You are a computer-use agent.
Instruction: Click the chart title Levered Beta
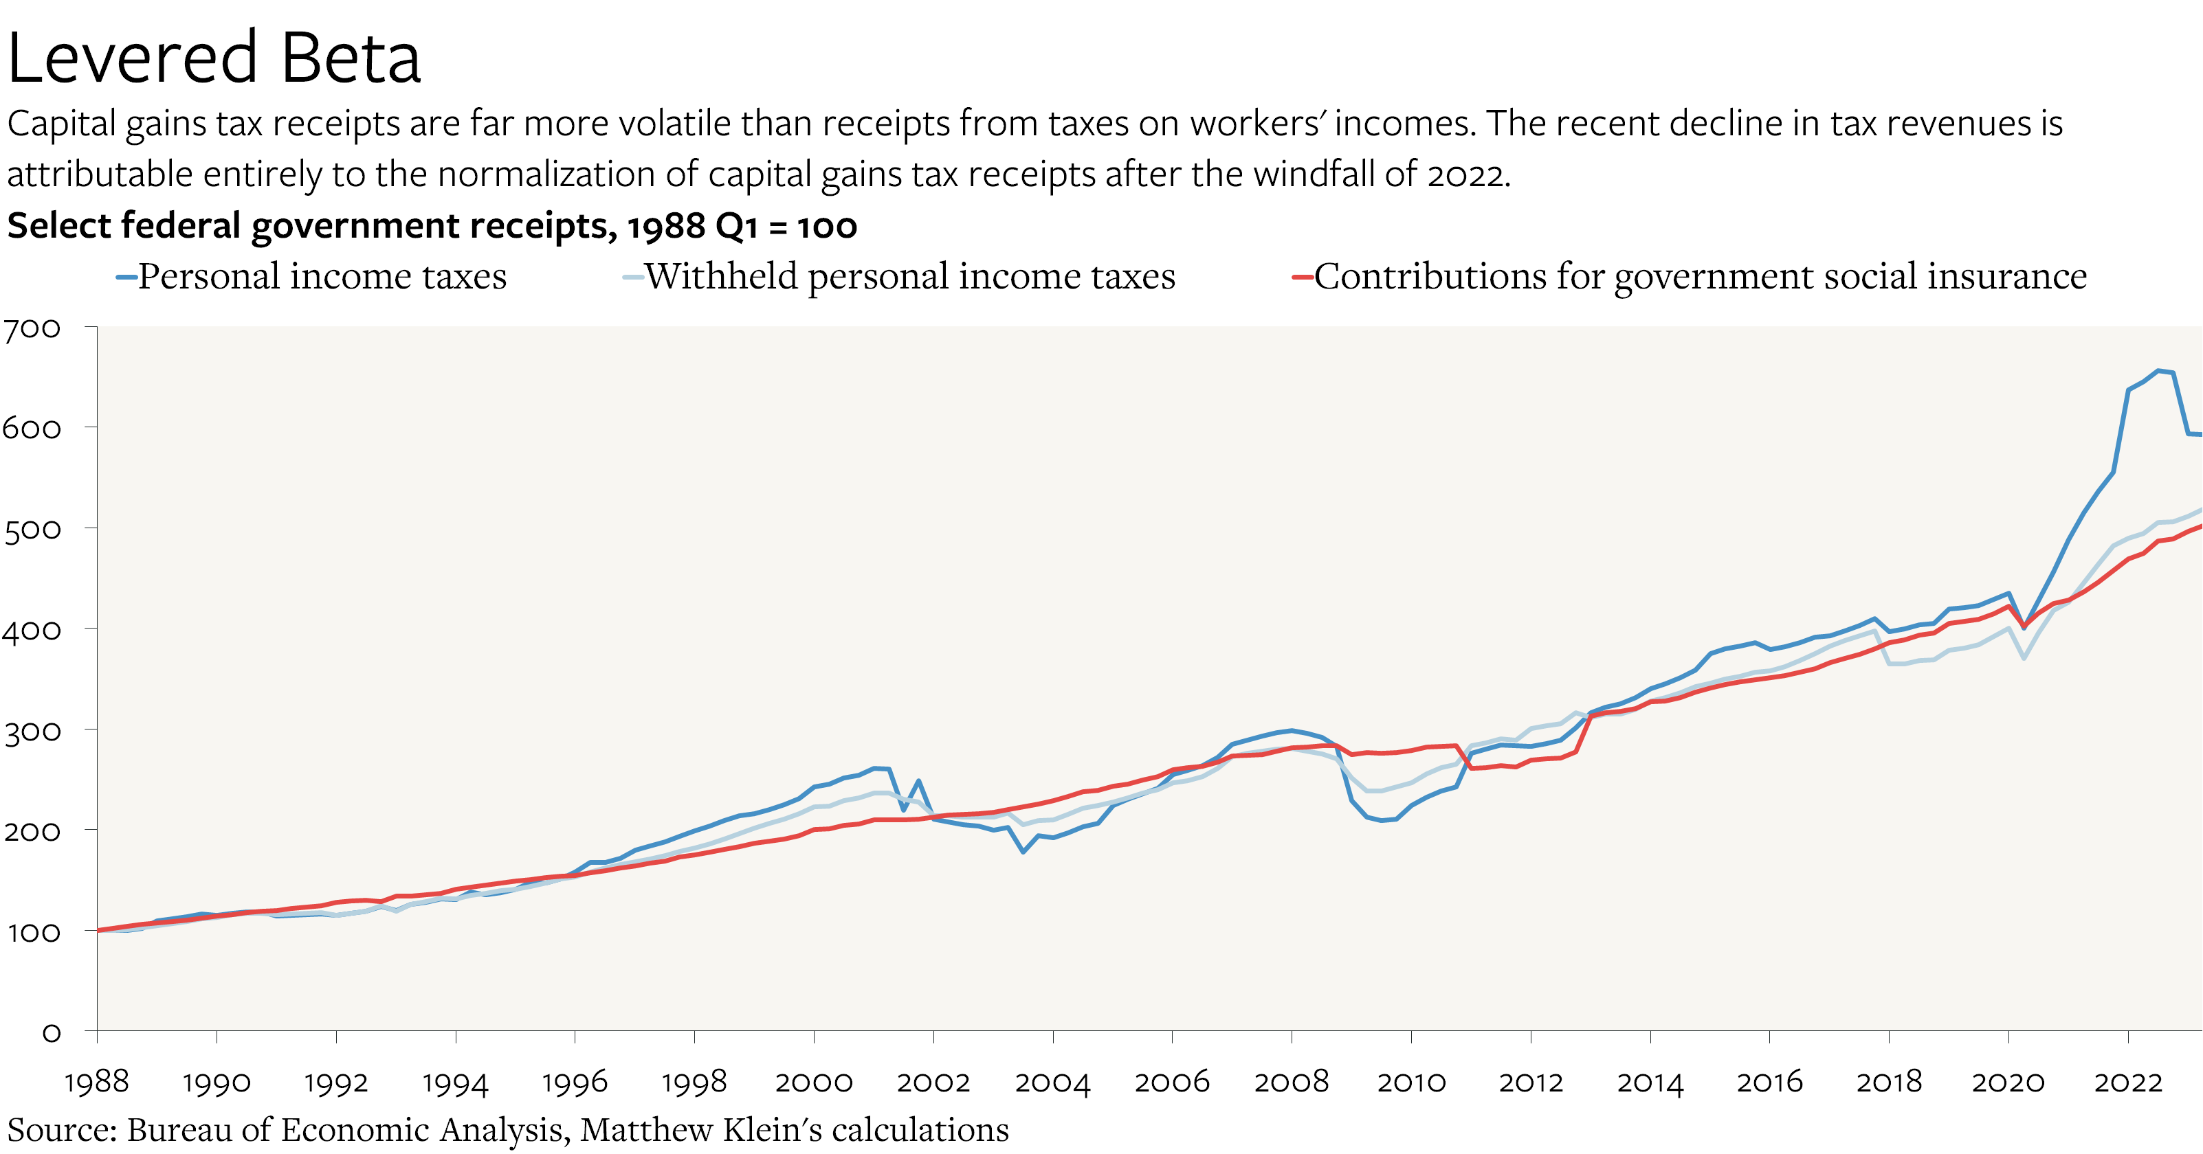214,58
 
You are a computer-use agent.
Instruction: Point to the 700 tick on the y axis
32,329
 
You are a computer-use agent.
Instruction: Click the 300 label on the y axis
32,732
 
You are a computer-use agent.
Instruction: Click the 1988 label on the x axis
97,1082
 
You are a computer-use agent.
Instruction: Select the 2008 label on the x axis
1292,1082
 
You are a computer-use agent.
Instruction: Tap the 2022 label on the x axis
2128,1082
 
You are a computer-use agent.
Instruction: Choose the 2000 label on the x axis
813,1082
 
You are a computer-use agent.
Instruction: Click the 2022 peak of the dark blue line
2158,370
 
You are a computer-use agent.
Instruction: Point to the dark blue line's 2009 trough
1381,821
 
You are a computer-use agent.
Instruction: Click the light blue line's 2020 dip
2024,657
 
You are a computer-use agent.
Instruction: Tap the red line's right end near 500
2200,527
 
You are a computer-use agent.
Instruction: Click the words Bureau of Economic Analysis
346,1130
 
